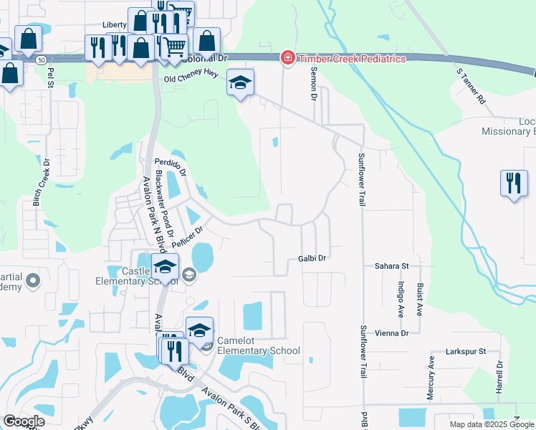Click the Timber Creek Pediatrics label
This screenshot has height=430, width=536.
click(x=353, y=59)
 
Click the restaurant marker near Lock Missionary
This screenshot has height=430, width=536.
click(x=514, y=183)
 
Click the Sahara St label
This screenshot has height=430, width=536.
click(x=391, y=266)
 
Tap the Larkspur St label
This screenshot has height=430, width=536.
click(x=466, y=352)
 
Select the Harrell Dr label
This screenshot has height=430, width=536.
click(x=499, y=377)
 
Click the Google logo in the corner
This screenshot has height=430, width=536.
click(x=24, y=421)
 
